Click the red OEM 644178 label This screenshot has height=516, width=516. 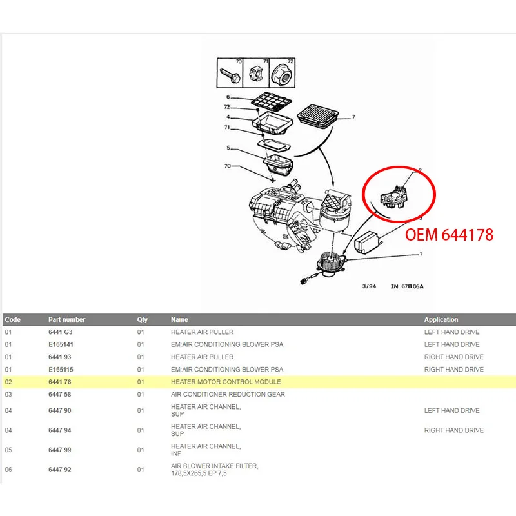[449, 235]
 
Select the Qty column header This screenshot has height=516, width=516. [142, 319]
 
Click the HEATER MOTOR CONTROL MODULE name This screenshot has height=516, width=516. [226, 382]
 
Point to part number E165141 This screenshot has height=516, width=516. [61, 344]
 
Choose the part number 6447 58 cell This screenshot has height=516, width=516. [59, 394]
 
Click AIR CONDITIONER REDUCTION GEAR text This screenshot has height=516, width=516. [228, 394]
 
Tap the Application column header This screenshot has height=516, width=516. [441, 319]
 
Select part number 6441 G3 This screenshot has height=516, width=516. [60, 332]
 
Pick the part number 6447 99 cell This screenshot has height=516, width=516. [59, 450]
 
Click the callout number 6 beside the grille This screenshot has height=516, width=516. [228, 97]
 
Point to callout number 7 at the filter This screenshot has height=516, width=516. [353, 118]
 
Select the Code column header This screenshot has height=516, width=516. [13, 319]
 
